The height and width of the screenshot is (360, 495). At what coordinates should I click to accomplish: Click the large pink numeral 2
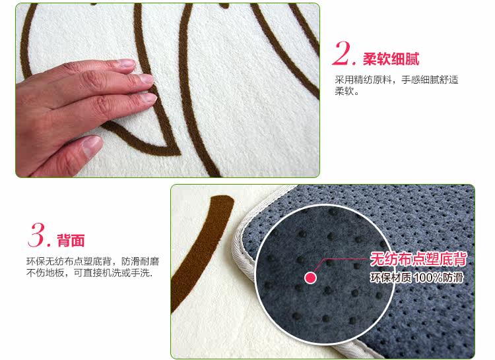(343, 53)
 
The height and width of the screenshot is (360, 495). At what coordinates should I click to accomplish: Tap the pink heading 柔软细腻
(391, 59)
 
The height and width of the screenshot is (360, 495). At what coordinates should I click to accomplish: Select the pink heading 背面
(71, 241)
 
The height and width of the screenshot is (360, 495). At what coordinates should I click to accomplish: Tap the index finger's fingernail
(127, 63)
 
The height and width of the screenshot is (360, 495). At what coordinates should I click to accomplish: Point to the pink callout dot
(310, 278)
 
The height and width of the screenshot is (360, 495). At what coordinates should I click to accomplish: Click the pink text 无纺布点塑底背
(418, 259)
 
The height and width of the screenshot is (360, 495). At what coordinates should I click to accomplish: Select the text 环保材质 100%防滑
(416, 278)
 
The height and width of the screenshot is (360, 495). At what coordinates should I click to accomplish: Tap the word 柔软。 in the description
(346, 92)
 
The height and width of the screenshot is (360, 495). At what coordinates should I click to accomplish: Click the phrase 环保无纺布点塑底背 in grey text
(69, 261)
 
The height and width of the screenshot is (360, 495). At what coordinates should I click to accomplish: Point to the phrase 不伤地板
(45, 273)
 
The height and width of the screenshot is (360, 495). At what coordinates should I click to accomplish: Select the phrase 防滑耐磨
(140, 261)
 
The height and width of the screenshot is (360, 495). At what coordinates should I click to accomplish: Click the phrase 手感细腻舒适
(430, 80)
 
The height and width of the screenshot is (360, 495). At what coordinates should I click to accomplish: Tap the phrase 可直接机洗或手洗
(113, 273)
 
